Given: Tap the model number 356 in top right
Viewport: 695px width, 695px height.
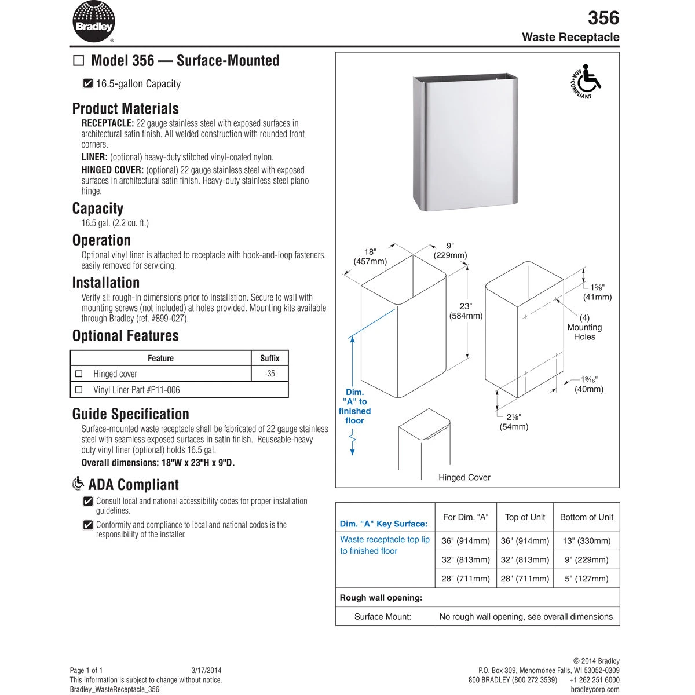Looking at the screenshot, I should tap(603, 18).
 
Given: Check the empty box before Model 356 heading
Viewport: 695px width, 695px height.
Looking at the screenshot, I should tap(79, 61).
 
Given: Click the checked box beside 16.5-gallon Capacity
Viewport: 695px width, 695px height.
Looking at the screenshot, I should tap(88, 84).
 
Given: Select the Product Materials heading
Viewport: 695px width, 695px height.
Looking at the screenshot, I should tap(125, 108).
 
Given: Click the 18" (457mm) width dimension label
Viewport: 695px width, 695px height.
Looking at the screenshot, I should tap(370, 257).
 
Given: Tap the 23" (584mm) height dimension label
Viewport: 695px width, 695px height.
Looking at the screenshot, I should tap(466, 311).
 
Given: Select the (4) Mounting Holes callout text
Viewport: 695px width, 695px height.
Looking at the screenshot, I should tap(584, 327).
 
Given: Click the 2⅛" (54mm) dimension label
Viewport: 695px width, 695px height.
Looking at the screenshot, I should tap(514, 422).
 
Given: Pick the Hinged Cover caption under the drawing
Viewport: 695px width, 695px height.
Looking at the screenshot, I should tap(464, 478).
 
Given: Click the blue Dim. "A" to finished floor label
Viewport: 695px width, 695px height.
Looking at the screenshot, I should tap(354, 407).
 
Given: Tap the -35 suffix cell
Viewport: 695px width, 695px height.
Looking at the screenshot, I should tap(269, 374).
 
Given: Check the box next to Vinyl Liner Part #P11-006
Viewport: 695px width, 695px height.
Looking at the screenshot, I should tap(80, 390).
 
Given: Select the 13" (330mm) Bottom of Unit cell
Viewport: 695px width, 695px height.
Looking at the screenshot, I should tap(586, 541).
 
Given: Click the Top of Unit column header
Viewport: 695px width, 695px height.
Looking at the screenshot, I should tap(525, 517).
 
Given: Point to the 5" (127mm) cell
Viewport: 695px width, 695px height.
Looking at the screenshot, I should tap(586, 578).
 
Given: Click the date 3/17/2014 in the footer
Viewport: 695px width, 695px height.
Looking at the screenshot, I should tap(206, 670).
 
